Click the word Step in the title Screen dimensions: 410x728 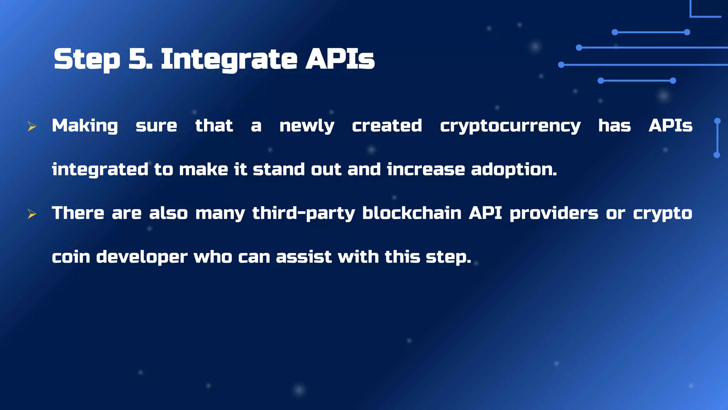pos(87,59)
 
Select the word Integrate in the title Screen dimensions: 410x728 pos(229,59)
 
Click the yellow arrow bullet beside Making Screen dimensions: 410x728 pos(32,126)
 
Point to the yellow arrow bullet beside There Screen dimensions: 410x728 pos(32,214)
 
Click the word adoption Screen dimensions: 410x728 pos(514,170)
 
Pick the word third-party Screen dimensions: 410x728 pos(304,214)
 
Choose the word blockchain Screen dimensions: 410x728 pos(412,213)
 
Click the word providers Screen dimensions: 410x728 pos(554,214)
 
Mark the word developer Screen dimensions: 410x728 pos(141,257)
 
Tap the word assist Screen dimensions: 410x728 pos(304,257)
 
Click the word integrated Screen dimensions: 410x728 pos(100,170)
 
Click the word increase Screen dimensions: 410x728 pos(425,169)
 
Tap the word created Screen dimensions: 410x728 pos(387,126)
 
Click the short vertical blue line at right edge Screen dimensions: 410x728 pos(717,138)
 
